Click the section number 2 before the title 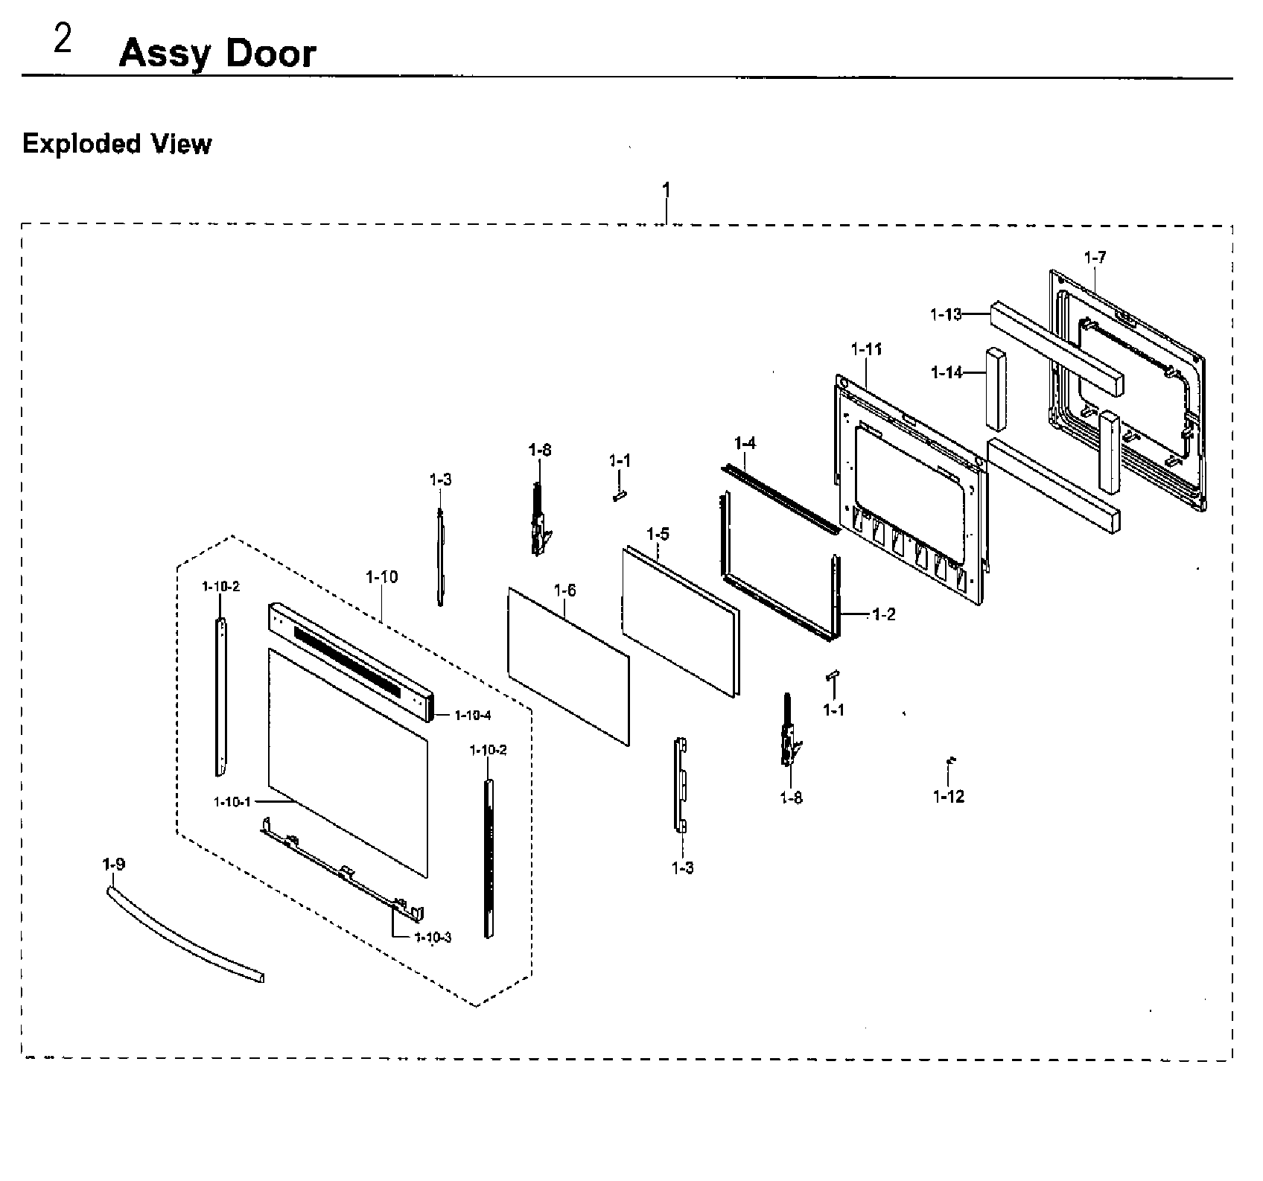tap(63, 40)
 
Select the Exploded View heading tap(117, 144)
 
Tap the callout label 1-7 tap(1095, 258)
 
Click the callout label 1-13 tap(946, 314)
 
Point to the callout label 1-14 tap(947, 372)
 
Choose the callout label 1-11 tap(866, 348)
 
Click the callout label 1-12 tap(948, 797)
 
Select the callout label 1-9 tap(113, 864)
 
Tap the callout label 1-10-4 tap(474, 716)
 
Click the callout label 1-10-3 tap(433, 938)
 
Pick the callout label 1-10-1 tap(232, 802)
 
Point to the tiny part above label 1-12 tap(950, 761)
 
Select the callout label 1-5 tap(658, 534)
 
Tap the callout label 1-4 tap(745, 443)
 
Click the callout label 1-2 tap(883, 614)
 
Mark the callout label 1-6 tap(565, 590)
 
